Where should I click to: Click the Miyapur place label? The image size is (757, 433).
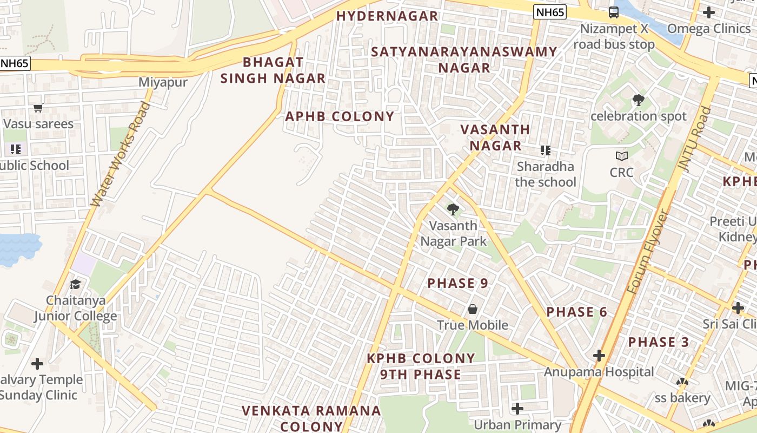click(x=163, y=82)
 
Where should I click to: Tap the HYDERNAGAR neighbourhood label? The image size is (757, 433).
click(x=387, y=16)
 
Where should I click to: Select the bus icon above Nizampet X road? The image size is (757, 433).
click(x=614, y=12)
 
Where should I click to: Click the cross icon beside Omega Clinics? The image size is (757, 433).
click(x=708, y=12)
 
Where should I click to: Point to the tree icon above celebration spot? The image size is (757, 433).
click(x=638, y=100)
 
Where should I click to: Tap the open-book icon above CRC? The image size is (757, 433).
click(x=622, y=156)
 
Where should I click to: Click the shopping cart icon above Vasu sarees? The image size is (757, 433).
click(x=38, y=108)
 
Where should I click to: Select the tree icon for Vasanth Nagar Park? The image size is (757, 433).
click(x=453, y=209)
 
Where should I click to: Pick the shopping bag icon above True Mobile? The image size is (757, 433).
click(x=473, y=309)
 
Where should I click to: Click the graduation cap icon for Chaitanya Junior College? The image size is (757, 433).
click(x=76, y=284)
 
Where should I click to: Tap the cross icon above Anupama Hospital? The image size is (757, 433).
click(x=599, y=356)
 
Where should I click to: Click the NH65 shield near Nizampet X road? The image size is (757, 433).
click(x=549, y=12)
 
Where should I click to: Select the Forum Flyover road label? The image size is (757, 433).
click(x=649, y=252)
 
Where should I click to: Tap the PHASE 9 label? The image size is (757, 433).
click(x=457, y=283)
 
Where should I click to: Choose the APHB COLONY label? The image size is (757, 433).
click(x=340, y=116)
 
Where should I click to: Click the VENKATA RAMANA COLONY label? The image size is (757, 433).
click(x=311, y=418)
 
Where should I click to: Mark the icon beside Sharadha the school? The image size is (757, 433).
click(x=545, y=150)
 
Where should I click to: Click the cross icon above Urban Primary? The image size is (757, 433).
click(x=517, y=408)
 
